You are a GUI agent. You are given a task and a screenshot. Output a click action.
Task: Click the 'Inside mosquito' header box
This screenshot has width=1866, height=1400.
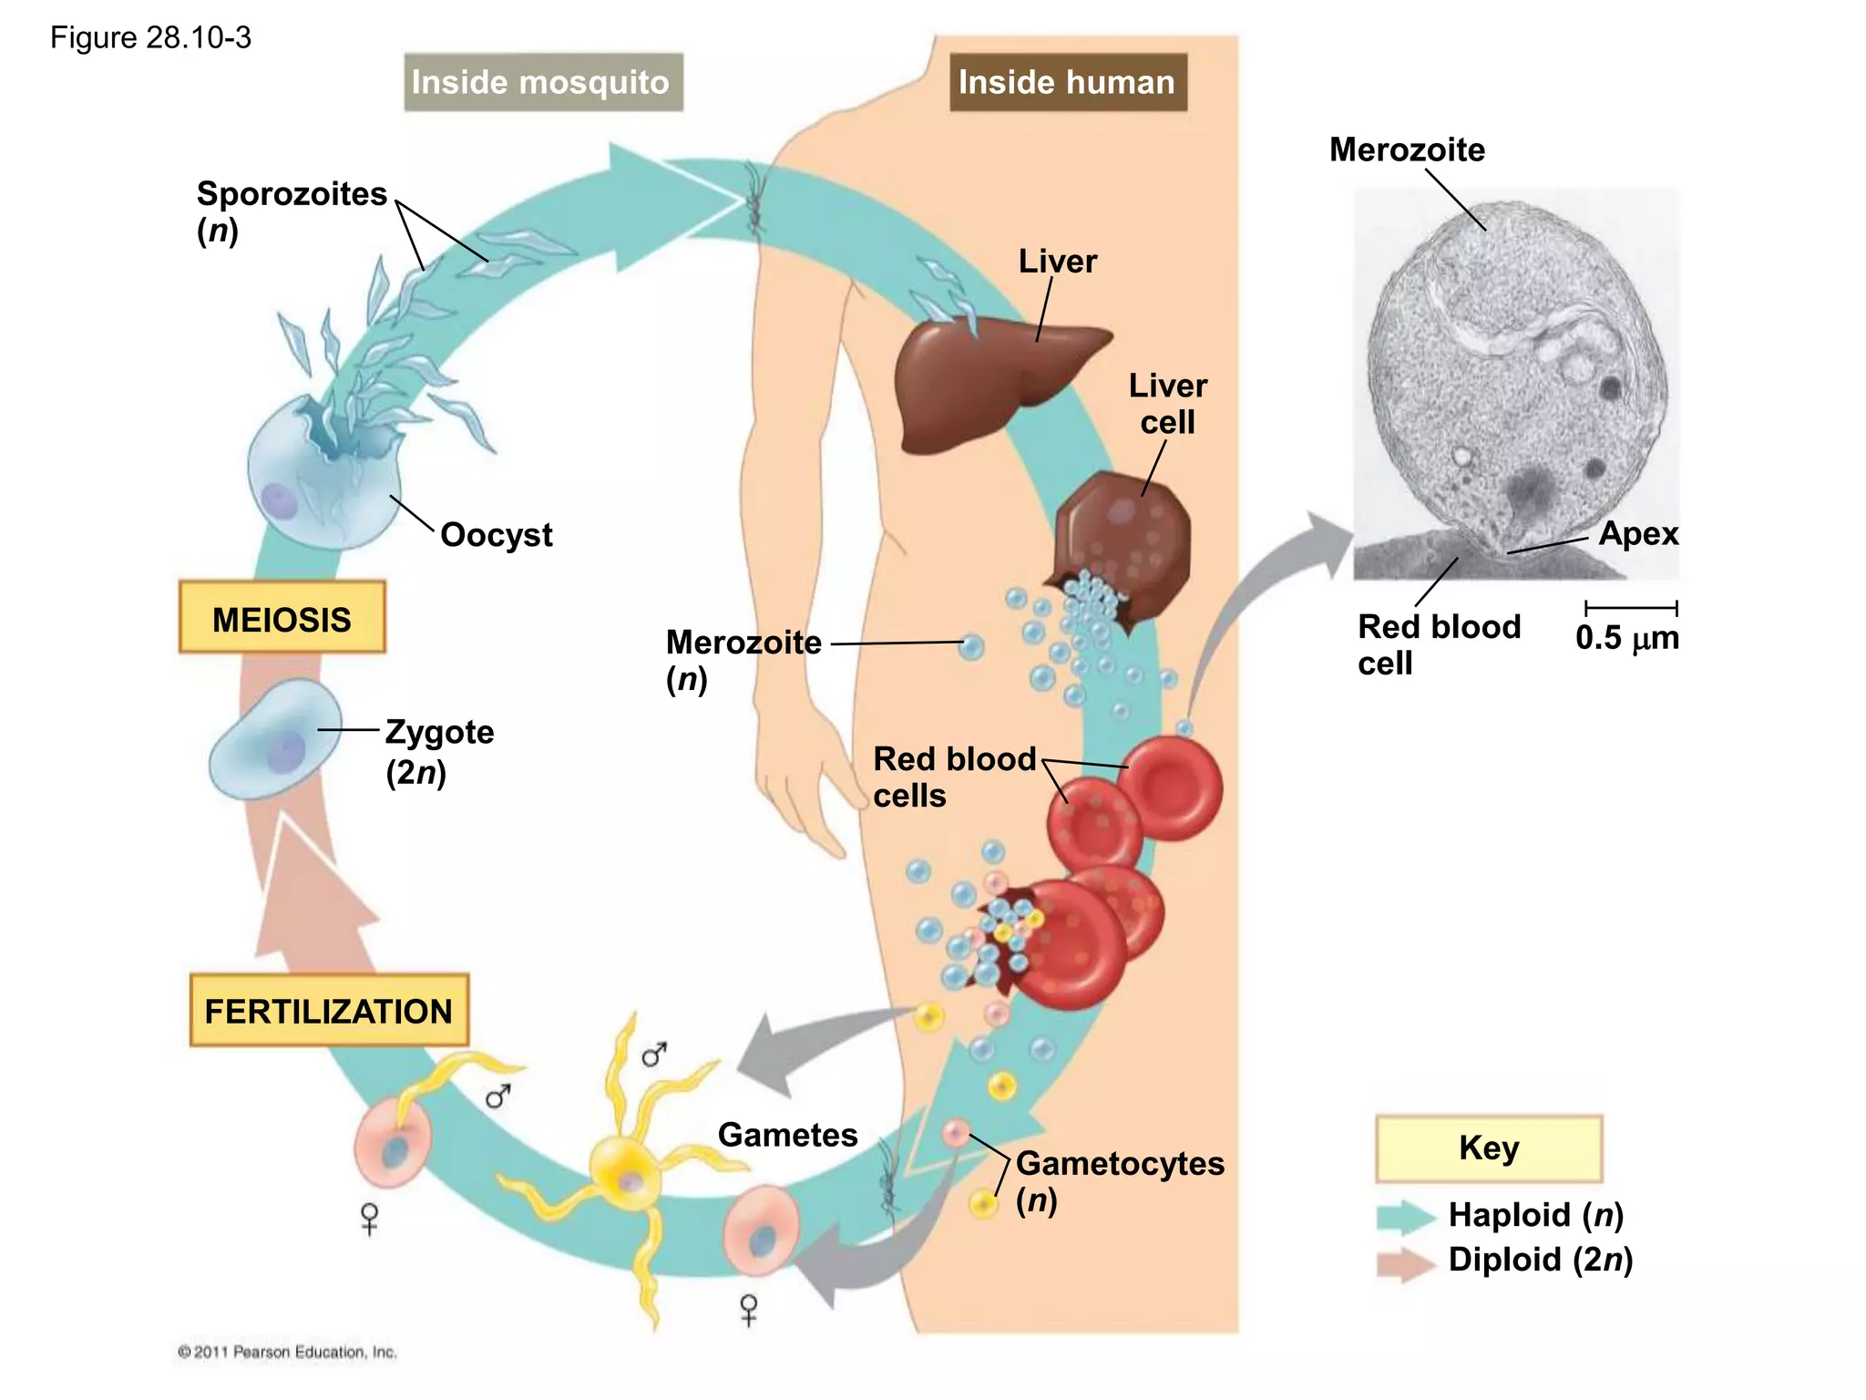pyautogui.click(x=543, y=82)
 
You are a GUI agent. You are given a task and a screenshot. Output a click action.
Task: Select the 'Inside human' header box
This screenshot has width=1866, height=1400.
pyautogui.click(x=1067, y=82)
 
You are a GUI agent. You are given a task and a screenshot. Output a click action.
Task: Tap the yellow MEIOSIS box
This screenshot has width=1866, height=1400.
pyautogui.click(x=282, y=619)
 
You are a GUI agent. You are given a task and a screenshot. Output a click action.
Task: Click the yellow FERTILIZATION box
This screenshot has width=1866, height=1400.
pyautogui.click(x=328, y=1011)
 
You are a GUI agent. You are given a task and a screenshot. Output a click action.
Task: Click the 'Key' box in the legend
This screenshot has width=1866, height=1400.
pyautogui.click(x=1488, y=1148)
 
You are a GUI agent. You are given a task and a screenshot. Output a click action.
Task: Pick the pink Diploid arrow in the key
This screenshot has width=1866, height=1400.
pyautogui.click(x=1405, y=1263)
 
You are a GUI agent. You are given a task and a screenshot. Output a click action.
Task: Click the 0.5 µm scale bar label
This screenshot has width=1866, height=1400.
pyautogui.click(x=1627, y=638)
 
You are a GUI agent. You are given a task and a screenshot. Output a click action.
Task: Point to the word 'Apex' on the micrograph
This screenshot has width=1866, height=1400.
pyautogui.click(x=1637, y=533)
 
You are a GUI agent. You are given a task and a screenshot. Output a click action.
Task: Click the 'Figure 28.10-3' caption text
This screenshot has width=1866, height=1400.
pyautogui.click(x=150, y=37)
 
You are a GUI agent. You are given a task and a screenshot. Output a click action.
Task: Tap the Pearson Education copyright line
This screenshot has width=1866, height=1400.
pyautogui.click(x=287, y=1352)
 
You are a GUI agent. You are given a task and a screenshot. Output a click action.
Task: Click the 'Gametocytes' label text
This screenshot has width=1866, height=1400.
pyautogui.click(x=1120, y=1164)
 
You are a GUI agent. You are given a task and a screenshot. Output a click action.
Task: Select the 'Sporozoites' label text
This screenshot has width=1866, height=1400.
pyautogui.click(x=292, y=194)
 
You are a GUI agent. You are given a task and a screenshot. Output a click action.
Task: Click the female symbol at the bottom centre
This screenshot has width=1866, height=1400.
pyautogui.click(x=749, y=1310)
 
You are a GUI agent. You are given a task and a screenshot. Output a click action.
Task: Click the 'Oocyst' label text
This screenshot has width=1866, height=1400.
pyautogui.click(x=496, y=535)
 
